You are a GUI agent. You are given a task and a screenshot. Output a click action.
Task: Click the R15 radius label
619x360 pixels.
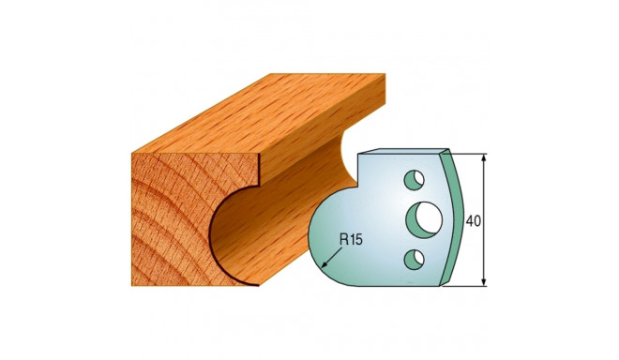(x=350, y=239)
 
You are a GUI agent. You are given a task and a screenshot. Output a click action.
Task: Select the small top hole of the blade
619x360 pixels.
(x=411, y=176)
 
